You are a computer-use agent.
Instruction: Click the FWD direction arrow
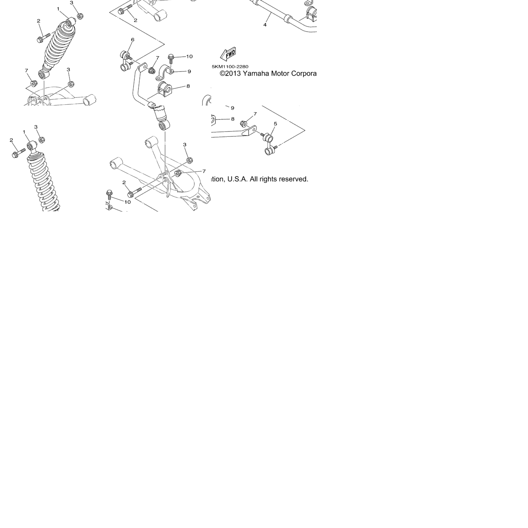click(x=228, y=54)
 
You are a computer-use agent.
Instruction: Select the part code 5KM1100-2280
click(x=230, y=67)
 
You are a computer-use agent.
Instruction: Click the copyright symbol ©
click(x=222, y=74)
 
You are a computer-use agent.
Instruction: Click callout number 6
click(x=133, y=40)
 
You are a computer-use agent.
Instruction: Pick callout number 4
click(x=265, y=25)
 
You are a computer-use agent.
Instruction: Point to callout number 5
click(x=275, y=124)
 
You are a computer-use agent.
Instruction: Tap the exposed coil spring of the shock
click(x=44, y=184)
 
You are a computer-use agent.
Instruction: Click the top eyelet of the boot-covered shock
click(x=71, y=22)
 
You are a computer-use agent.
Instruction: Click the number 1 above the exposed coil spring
click(x=24, y=132)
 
